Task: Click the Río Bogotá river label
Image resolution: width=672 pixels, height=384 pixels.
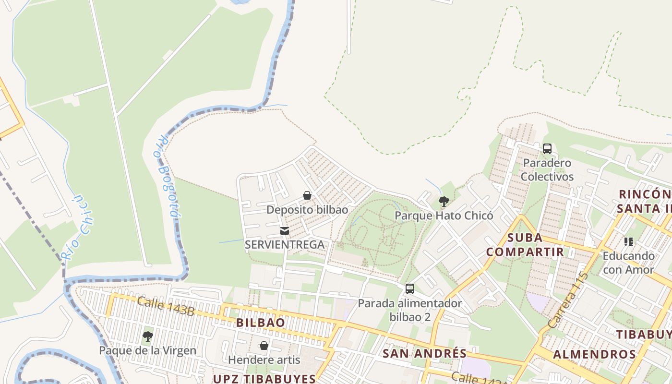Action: coord(166,176)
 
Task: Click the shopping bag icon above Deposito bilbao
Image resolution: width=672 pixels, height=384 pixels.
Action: coord(307,196)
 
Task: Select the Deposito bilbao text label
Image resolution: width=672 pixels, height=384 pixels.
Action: coord(307,210)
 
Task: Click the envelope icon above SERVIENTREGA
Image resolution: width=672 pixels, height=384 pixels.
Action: coord(285,231)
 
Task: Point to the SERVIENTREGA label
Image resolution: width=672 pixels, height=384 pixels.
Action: coord(285,244)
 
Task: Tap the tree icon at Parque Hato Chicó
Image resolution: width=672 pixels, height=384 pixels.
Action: coord(444,202)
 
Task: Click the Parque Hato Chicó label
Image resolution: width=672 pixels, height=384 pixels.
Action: coord(444,216)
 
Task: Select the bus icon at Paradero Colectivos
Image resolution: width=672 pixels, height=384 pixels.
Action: coord(547,149)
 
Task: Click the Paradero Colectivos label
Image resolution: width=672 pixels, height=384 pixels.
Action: coord(547,169)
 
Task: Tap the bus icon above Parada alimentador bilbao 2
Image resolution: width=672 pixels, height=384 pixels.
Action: coord(410,289)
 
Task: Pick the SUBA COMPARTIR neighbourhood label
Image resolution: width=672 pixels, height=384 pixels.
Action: coord(525,245)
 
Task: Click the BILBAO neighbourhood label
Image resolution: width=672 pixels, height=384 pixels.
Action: coord(261,323)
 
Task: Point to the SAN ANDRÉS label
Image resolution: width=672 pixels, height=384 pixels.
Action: coord(424,354)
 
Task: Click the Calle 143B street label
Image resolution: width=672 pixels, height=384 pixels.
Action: coord(166,307)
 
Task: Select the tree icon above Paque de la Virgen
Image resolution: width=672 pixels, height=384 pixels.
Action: coord(148,336)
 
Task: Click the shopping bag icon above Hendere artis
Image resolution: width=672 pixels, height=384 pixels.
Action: coord(264,346)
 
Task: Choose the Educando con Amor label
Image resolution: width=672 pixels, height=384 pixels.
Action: coord(628,263)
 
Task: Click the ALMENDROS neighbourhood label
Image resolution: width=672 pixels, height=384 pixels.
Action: coord(594,355)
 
